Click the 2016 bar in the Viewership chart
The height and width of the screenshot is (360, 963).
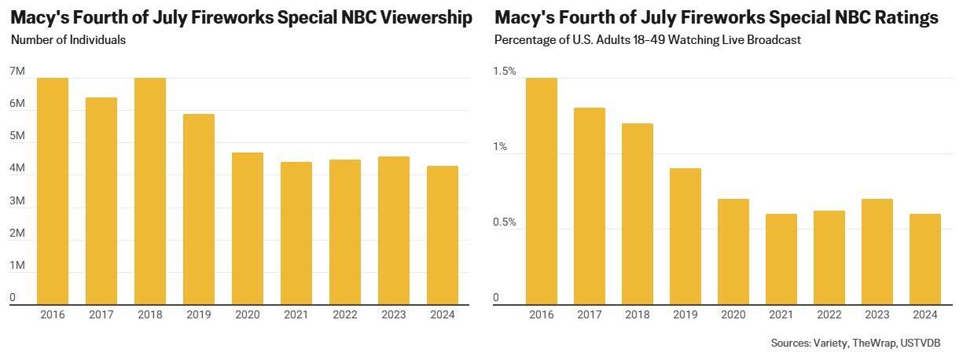(x=53, y=191)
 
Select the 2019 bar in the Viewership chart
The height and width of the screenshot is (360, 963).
(x=199, y=209)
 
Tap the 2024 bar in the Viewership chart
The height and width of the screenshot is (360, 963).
(x=442, y=235)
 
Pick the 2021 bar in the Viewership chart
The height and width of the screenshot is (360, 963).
(x=296, y=233)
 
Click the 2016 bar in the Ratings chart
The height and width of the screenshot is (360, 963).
(x=542, y=191)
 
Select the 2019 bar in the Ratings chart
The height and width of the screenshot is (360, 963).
(x=685, y=236)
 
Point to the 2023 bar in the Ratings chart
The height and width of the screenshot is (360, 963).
(x=877, y=252)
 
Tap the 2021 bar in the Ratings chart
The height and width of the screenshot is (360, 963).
(x=781, y=259)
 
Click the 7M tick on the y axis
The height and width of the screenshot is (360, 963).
(x=17, y=72)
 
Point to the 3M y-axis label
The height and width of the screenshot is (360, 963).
(x=17, y=201)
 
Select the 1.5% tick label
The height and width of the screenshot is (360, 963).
(x=505, y=72)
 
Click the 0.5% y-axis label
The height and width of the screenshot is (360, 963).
(x=505, y=222)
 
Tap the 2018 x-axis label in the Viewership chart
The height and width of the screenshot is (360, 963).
(x=150, y=314)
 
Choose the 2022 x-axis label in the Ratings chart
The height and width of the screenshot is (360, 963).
(x=829, y=314)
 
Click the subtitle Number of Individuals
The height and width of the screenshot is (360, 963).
(x=68, y=39)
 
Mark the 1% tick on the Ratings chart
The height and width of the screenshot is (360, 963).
(x=500, y=147)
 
